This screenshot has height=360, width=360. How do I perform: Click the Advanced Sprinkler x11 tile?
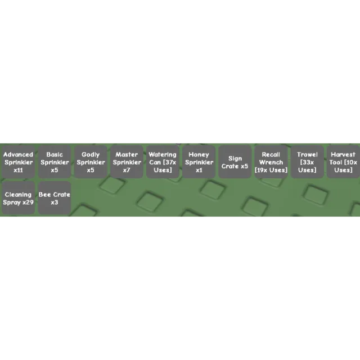[x=18, y=161]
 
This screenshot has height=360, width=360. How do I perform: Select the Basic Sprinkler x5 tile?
[x=55, y=161]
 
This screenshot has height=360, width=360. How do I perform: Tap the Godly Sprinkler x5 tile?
[x=91, y=161]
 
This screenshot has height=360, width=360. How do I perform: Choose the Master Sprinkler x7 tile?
[x=127, y=161]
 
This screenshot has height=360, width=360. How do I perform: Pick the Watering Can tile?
[x=163, y=161]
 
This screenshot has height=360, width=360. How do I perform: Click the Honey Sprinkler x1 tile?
[x=199, y=161]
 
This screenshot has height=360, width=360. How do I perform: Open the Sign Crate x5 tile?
[x=235, y=161]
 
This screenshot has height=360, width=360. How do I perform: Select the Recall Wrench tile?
[x=271, y=161]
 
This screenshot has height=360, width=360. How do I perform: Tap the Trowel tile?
[x=307, y=161]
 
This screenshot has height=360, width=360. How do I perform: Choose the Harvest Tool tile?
[x=344, y=161]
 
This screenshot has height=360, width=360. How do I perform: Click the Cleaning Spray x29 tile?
[x=18, y=198]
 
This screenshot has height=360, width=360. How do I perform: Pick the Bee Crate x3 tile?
[x=55, y=198]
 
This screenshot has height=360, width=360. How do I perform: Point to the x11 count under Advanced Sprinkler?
[x=18, y=170]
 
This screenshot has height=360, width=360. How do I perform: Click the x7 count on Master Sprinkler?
[x=127, y=170]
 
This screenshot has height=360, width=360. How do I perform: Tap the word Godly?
[x=91, y=155]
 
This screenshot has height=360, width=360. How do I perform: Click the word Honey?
[x=199, y=155]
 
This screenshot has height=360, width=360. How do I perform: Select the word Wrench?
[x=271, y=163]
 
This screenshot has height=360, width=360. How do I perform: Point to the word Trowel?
[x=307, y=155]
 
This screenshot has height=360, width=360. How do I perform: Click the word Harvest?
[x=343, y=155]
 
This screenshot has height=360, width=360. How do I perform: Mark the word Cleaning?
[x=18, y=195]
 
